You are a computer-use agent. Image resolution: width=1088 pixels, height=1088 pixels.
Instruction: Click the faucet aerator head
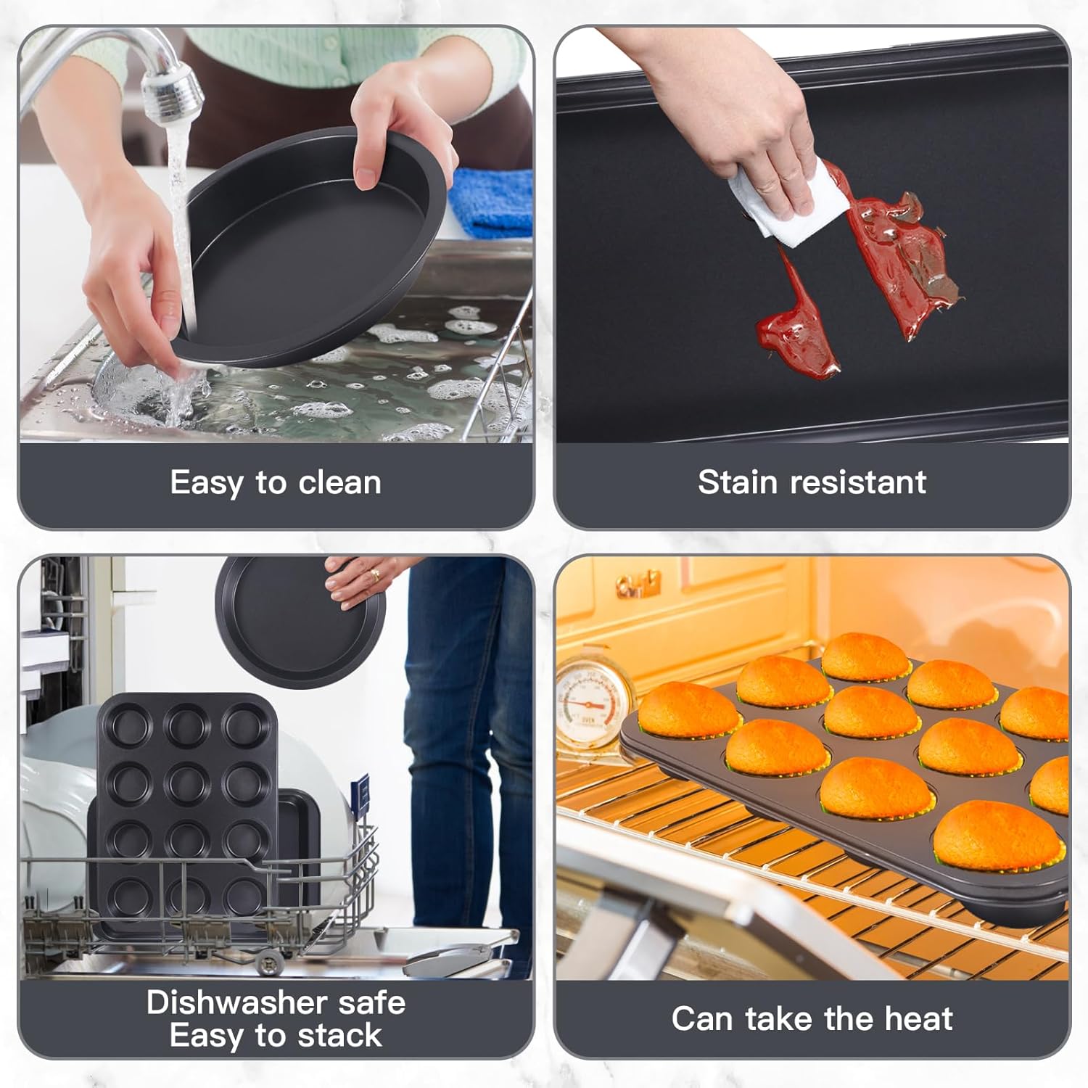(173, 93)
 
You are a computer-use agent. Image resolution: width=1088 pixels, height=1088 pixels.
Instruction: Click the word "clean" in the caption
(339, 482)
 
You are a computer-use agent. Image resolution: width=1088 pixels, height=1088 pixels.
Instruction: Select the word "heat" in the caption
(918, 1019)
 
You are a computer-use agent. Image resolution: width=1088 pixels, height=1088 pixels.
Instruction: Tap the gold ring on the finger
(374, 575)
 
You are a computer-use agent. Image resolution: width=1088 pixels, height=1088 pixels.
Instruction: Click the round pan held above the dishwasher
(299, 623)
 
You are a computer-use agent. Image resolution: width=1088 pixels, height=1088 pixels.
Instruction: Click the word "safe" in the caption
(371, 1002)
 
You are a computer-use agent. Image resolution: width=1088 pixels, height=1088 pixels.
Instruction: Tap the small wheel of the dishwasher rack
(270, 963)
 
